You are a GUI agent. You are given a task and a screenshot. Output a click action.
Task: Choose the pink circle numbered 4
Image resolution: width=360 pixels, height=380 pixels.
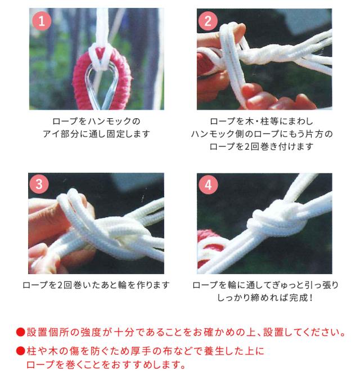208,184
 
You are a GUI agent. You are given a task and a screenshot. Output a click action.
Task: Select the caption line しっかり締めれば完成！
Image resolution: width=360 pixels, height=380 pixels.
264,297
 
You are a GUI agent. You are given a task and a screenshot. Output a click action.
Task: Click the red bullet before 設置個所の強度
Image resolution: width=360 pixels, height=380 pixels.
20,332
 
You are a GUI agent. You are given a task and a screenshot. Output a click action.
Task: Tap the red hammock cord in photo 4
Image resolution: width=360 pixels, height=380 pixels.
211,248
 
